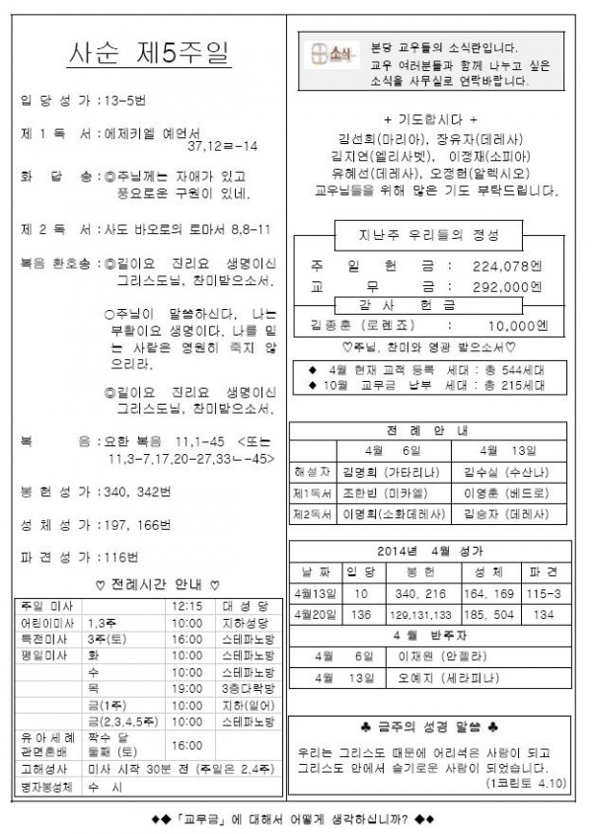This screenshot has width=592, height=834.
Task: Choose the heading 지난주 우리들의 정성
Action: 429,236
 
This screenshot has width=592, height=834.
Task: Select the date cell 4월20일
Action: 315,613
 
